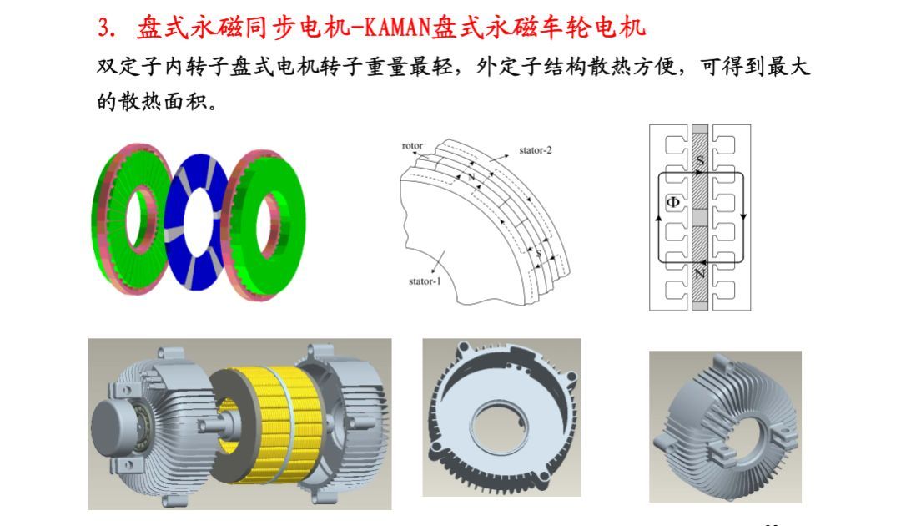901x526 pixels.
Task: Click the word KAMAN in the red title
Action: click(x=397, y=28)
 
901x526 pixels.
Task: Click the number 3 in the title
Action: click(x=103, y=28)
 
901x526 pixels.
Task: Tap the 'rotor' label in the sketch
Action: click(x=412, y=146)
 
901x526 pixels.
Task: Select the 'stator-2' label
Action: click(x=535, y=150)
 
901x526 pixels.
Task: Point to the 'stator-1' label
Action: click(x=425, y=281)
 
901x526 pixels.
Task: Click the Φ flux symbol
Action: click(x=672, y=202)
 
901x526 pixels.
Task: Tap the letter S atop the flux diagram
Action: click(x=700, y=160)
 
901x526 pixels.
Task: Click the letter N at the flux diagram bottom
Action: click(x=700, y=273)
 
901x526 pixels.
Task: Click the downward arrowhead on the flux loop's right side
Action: click(x=743, y=217)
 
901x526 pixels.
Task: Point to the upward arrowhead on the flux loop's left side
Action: click(x=658, y=218)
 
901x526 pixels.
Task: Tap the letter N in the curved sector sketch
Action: click(x=471, y=177)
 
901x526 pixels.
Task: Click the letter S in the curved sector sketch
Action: click(x=538, y=254)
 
